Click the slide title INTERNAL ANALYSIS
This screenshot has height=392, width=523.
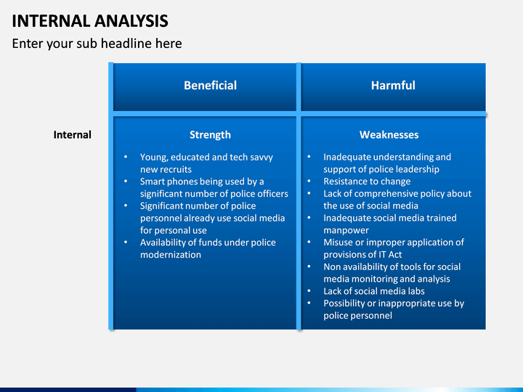pos(90,21)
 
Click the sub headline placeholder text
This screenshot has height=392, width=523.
pos(97,44)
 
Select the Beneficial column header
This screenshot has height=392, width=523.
pos(210,86)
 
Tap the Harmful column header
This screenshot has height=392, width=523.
pos(393,86)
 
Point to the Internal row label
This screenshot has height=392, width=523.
pos(73,135)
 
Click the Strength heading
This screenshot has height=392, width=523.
pos(210,135)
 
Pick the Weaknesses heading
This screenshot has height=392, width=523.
pos(389,135)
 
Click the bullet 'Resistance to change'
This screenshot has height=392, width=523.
pos(367,181)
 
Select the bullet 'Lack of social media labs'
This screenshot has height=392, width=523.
pos(374,291)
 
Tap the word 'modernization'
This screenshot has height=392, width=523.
pos(171,255)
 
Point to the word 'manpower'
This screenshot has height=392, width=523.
pos(346,230)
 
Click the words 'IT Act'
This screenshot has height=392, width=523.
pos(390,255)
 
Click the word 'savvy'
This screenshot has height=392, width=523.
pos(261,158)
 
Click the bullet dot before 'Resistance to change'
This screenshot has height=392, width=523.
pos(309,181)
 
